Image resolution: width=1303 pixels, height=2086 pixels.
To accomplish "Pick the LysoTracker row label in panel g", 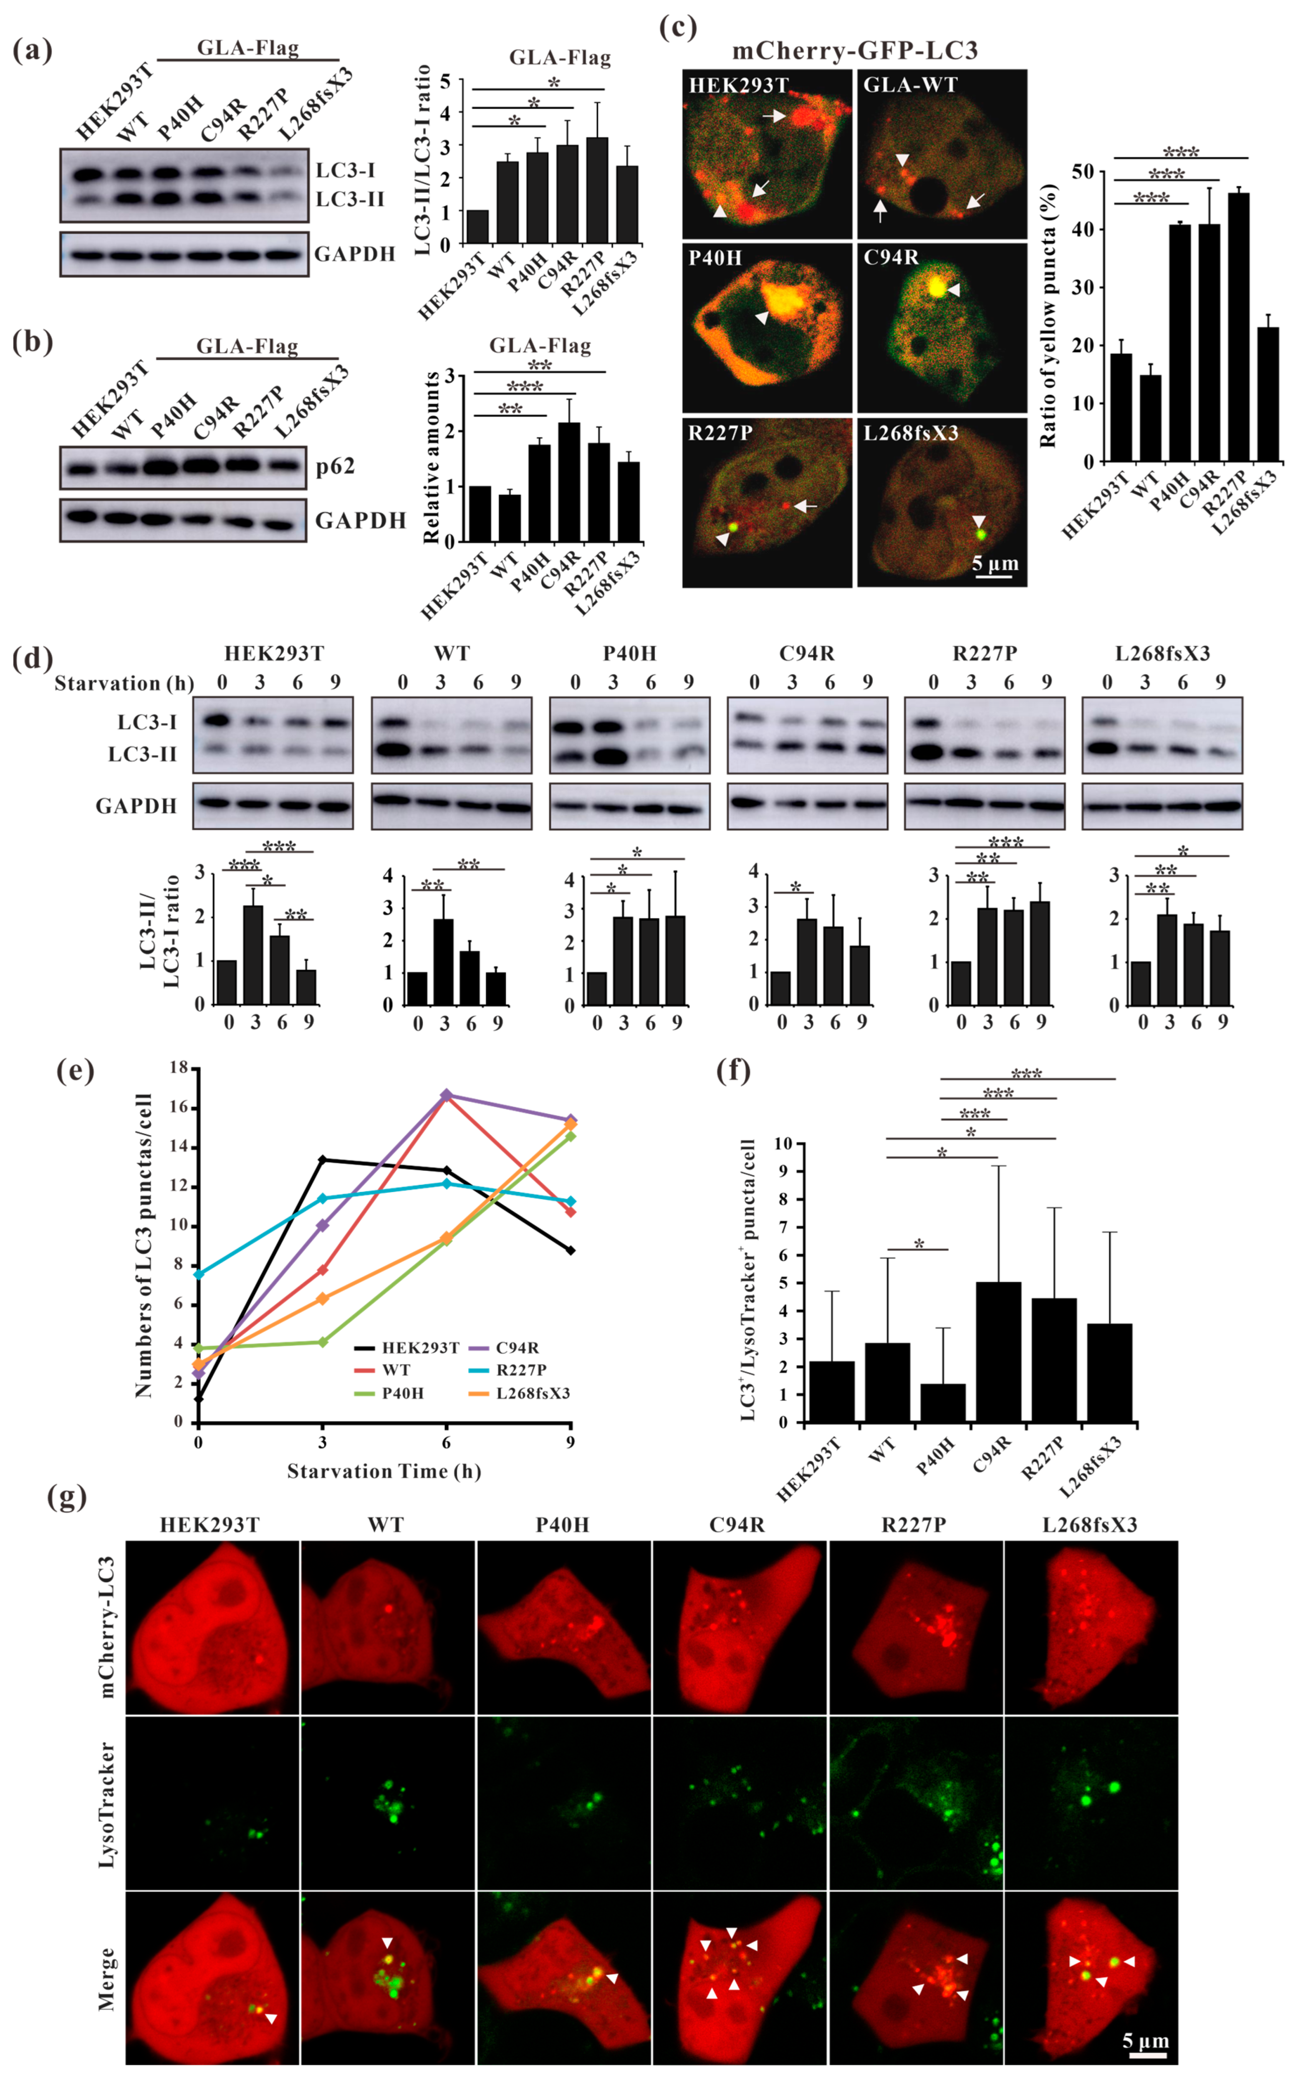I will [x=107, y=1803].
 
